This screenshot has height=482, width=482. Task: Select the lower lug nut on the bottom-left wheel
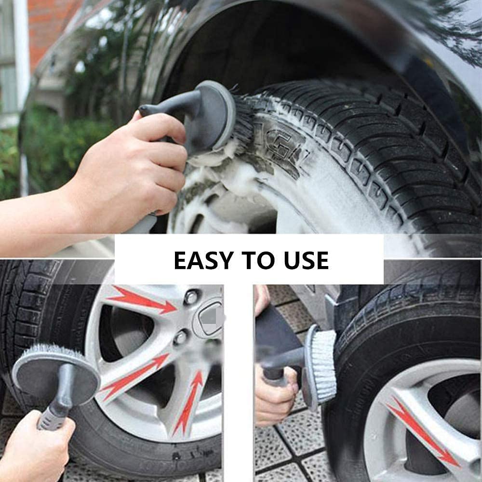point(180,337)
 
